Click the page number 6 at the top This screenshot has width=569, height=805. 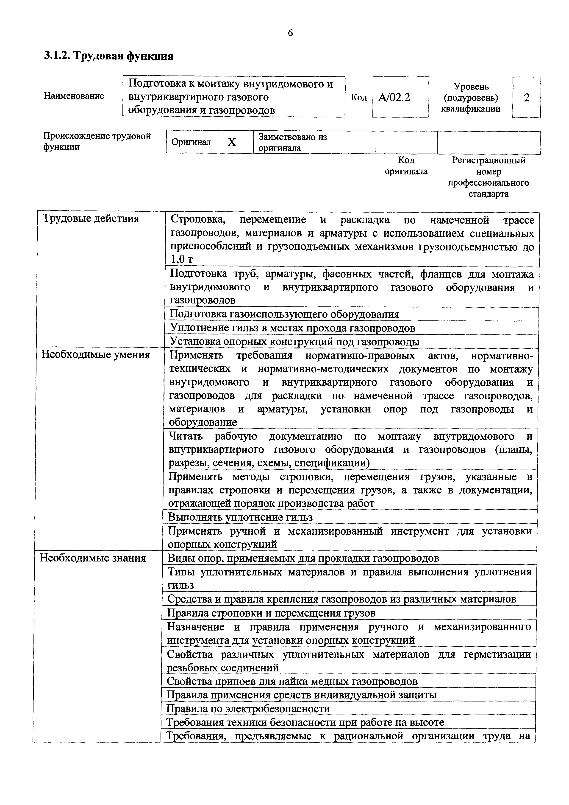[290, 33]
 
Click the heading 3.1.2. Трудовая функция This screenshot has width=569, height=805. [109, 56]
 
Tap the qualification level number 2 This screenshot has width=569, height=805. [527, 98]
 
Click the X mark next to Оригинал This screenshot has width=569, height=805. [232, 142]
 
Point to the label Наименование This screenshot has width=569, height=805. [74, 96]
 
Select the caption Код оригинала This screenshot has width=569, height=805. [406, 166]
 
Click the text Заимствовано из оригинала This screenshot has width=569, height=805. [293, 142]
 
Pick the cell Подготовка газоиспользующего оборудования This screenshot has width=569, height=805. [284, 314]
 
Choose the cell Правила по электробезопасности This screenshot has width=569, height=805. [248, 709]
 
